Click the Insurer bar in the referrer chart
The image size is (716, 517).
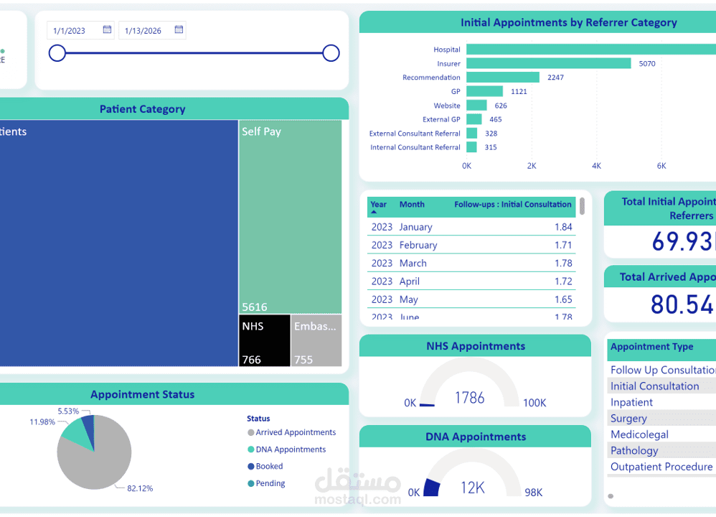point(548,63)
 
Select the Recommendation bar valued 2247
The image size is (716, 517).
point(502,78)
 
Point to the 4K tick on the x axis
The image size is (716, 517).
point(596,166)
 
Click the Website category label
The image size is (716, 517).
point(447,106)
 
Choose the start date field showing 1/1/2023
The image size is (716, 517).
point(70,30)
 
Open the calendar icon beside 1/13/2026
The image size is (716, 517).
point(179,30)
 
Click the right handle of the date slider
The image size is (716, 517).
point(331,53)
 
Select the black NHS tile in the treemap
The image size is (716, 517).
point(264,340)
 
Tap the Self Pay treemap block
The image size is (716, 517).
point(290,215)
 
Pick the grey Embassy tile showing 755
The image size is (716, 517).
point(316,340)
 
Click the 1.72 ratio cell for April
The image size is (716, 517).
point(563,281)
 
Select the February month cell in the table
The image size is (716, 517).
point(418,245)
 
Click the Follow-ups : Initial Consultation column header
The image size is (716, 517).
point(512,205)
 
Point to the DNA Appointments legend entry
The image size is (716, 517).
point(291,450)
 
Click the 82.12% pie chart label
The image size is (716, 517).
point(140,488)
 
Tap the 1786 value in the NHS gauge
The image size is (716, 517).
point(469,397)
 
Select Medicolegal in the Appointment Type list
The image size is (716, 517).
point(639,434)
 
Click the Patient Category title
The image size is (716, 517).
point(142,109)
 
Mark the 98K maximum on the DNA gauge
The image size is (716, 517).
point(533,493)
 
